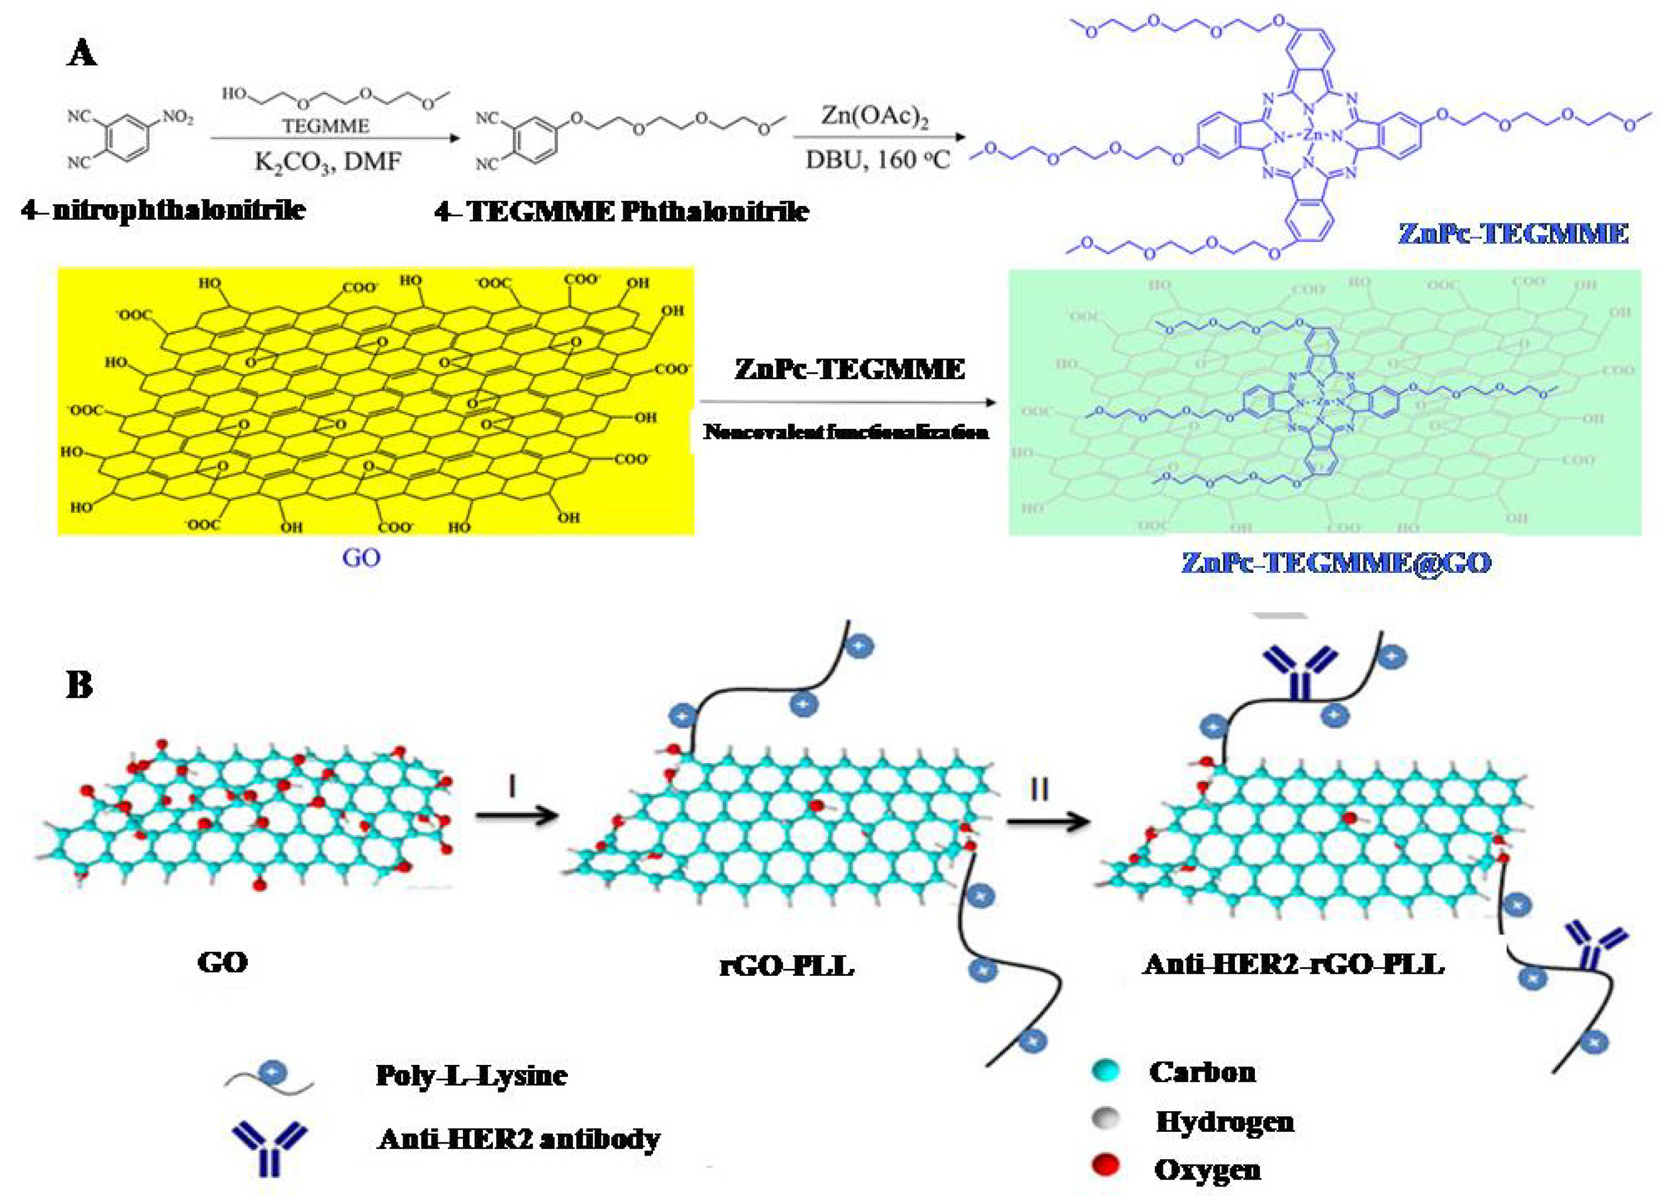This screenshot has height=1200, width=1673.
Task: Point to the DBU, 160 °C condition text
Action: click(x=877, y=159)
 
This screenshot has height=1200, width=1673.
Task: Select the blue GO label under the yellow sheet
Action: click(x=361, y=557)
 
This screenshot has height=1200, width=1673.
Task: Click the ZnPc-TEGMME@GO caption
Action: click(x=1336, y=562)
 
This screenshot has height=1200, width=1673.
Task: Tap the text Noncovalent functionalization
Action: click(x=845, y=432)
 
